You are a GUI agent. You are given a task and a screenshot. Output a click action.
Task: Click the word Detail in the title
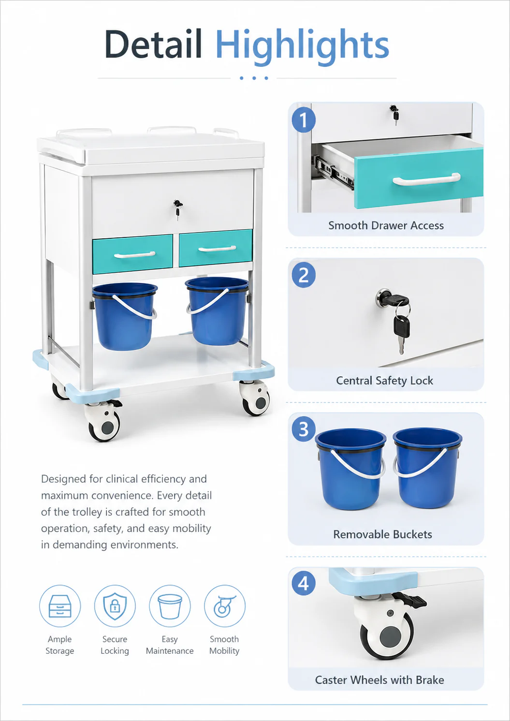pos(153,44)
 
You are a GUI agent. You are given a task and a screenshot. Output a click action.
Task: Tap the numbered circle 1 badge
pos(304,120)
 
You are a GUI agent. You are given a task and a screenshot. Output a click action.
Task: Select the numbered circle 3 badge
pos(304,429)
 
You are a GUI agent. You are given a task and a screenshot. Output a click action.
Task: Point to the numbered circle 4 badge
pos(304,583)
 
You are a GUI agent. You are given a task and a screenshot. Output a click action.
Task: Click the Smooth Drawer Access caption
pos(386,226)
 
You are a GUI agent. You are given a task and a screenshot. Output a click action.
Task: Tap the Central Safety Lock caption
pos(384,381)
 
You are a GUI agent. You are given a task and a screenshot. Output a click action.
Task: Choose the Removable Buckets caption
pos(382,534)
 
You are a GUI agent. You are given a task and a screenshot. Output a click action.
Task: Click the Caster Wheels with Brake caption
pos(379,680)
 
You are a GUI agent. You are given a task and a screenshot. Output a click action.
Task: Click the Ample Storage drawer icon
pos(60,606)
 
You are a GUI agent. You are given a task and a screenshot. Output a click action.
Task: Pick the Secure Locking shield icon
pos(115,606)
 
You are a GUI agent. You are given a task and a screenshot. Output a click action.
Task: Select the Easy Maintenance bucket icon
pos(170,606)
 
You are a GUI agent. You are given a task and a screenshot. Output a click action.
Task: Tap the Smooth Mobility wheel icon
pos(225,606)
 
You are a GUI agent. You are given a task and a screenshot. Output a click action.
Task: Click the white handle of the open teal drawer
pos(426,179)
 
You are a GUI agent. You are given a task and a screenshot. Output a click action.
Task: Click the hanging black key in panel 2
pos(401,334)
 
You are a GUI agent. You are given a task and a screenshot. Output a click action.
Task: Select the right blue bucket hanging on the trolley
pos(217,311)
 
